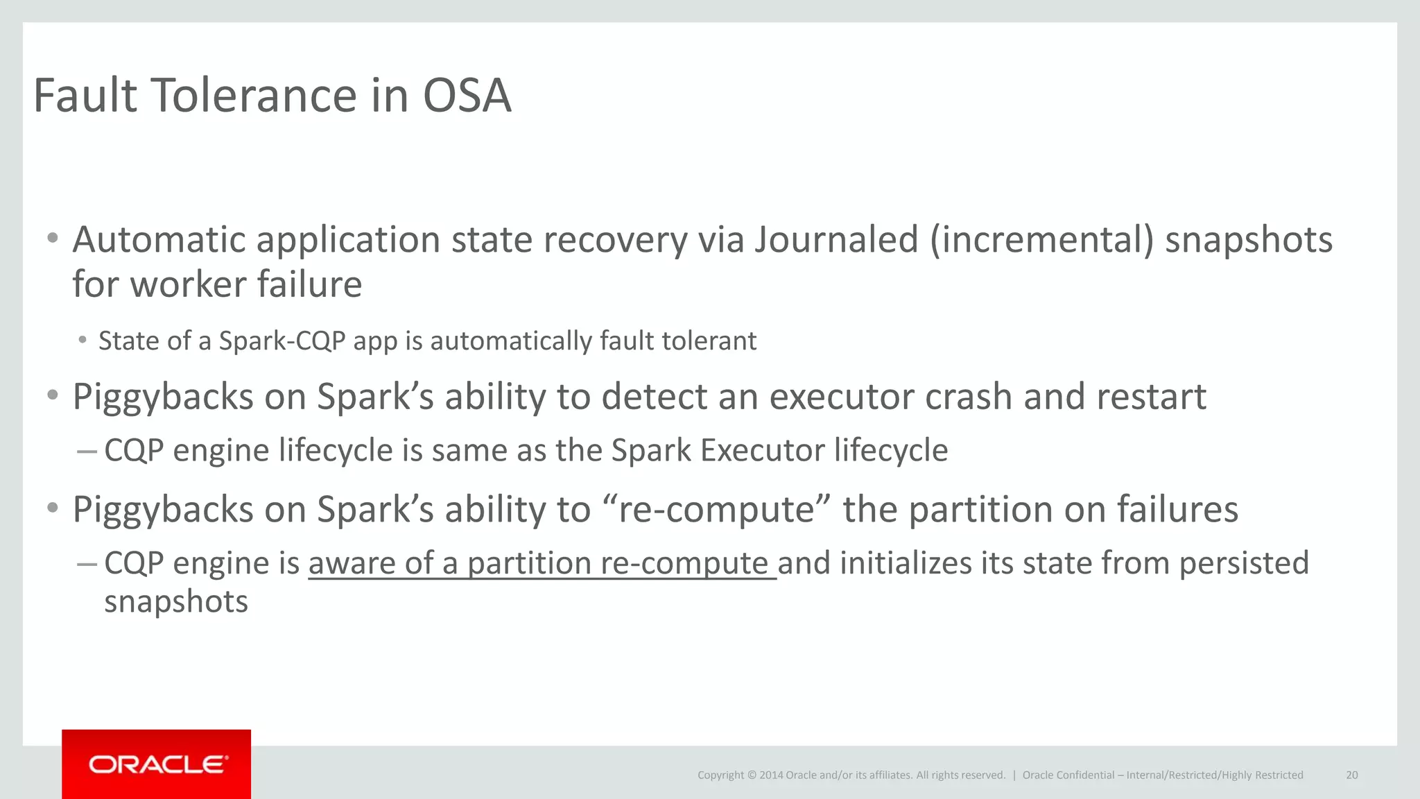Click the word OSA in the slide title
pos(467,96)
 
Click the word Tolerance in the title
pos(252,96)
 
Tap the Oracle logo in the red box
pos(157,764)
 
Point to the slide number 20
pos(1351,775)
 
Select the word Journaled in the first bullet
pos(836,240)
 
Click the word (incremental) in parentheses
pos(1042,240)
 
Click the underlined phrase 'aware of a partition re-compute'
pos(542,563)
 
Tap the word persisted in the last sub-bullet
pos(1244,563)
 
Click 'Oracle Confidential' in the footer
pos(1068,775)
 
